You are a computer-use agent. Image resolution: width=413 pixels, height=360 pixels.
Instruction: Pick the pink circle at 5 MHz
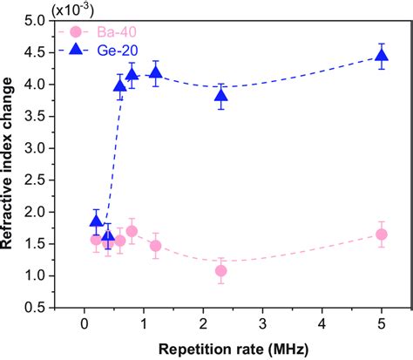point(381,234)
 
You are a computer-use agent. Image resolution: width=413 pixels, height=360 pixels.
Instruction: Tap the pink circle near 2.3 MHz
point(221,271)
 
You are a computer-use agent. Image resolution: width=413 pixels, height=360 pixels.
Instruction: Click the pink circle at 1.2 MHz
point(156,246)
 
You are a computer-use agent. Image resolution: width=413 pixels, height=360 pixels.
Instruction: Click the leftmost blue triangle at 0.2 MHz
point(96,221)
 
